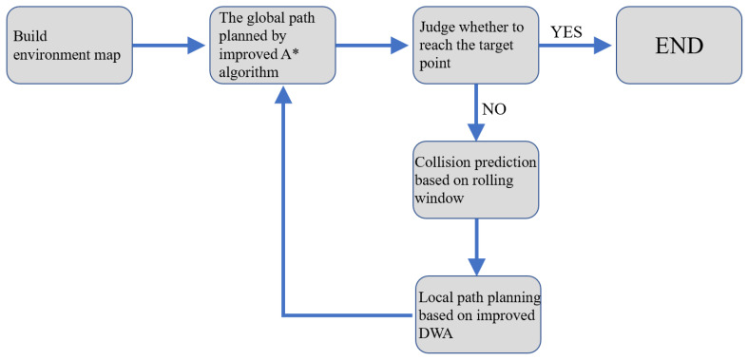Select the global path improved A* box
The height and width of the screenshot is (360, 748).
coord(273,45)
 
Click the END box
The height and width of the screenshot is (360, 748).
coord(679,45)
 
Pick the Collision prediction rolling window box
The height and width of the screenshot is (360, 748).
coord(476,179)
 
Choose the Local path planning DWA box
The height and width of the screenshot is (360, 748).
coord(478,313)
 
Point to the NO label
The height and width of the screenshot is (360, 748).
coord(494,108)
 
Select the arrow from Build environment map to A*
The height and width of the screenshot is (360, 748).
coord(170,45)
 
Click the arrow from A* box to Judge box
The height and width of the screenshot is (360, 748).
coord(374,45)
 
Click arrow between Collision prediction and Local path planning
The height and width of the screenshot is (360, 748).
coord(476,246)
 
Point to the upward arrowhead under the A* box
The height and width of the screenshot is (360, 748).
coord(282,96)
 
